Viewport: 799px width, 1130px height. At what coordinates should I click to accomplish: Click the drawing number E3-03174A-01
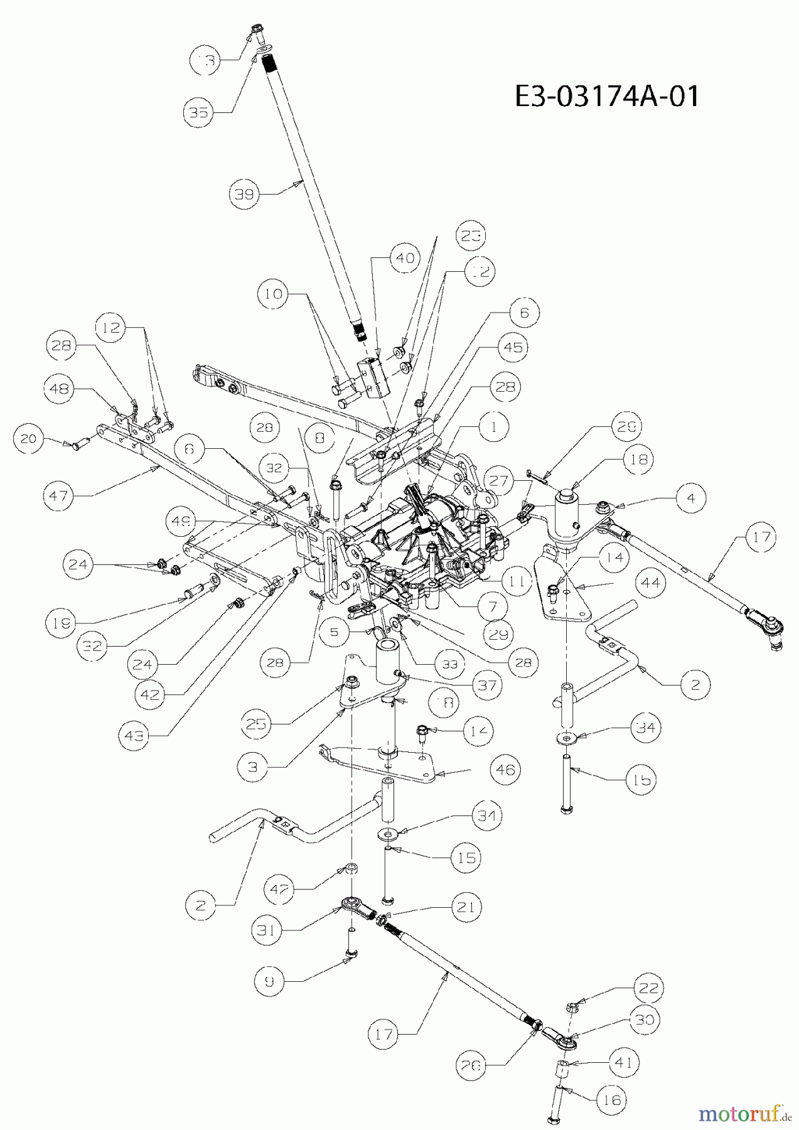(x=606, y=97)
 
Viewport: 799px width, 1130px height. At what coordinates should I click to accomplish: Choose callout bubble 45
(x=513, y=347)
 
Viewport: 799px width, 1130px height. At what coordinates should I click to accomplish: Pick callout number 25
(x=257, y=724)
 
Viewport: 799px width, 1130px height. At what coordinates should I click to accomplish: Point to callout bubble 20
(x=29, y=439)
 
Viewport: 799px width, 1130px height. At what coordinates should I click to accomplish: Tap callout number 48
(x=60, y=389)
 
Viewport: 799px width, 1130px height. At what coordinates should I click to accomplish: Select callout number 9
(x=269, y=982)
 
